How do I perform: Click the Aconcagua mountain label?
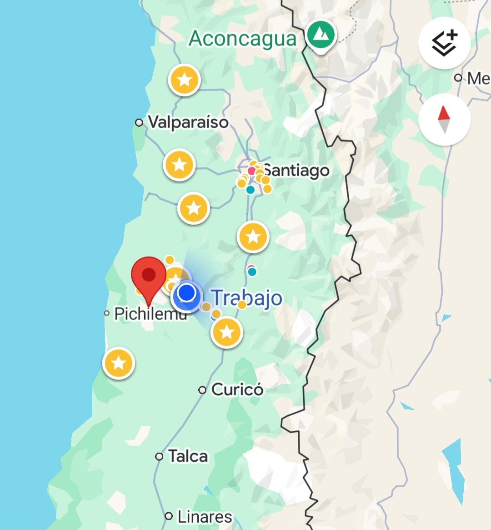coord(242,38)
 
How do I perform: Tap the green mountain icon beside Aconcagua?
coord(321,35)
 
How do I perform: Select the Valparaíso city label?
coord(188,122)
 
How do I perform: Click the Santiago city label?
coord(296,171)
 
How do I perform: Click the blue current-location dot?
coord(186,293)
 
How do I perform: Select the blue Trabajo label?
coord(247,298)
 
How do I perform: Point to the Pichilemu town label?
coord(150,313)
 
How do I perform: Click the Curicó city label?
coord(237,389)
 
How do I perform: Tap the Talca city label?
coord(188,456)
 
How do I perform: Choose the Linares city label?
coord(205,516)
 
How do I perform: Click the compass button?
coord(444,120)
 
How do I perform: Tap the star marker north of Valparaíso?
coord(185,80)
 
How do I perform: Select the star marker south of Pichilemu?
coord(119,363)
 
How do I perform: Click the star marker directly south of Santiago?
coord(253,237)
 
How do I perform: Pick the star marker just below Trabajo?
coord(227,332)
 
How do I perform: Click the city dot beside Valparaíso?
coord(139,122)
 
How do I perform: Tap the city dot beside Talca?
coord(159,456)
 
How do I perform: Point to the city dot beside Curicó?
coord(202,390)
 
